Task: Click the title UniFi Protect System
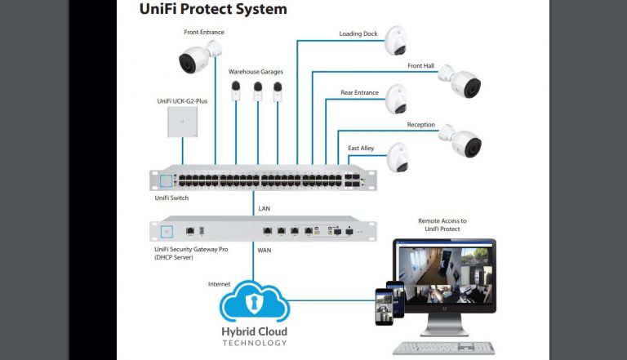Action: coord(213,10)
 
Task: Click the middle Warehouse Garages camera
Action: coord(257,89)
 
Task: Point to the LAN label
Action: coord(265,209)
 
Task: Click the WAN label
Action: coord(265,251)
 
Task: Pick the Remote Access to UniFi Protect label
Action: coord(442,224)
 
